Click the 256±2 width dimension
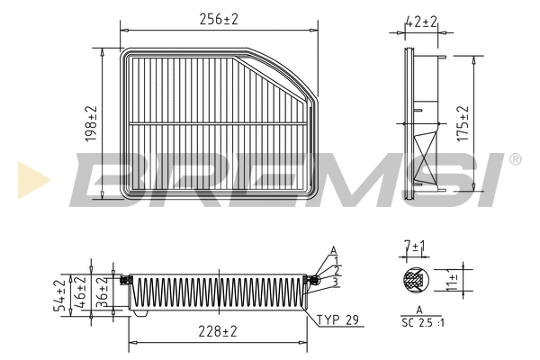click(219, 19)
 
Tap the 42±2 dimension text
click(419, 20)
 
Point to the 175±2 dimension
click(463, 122)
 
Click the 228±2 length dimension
click(218, 331)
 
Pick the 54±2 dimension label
click(60, 295)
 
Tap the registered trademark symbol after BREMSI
click(514, 159)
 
